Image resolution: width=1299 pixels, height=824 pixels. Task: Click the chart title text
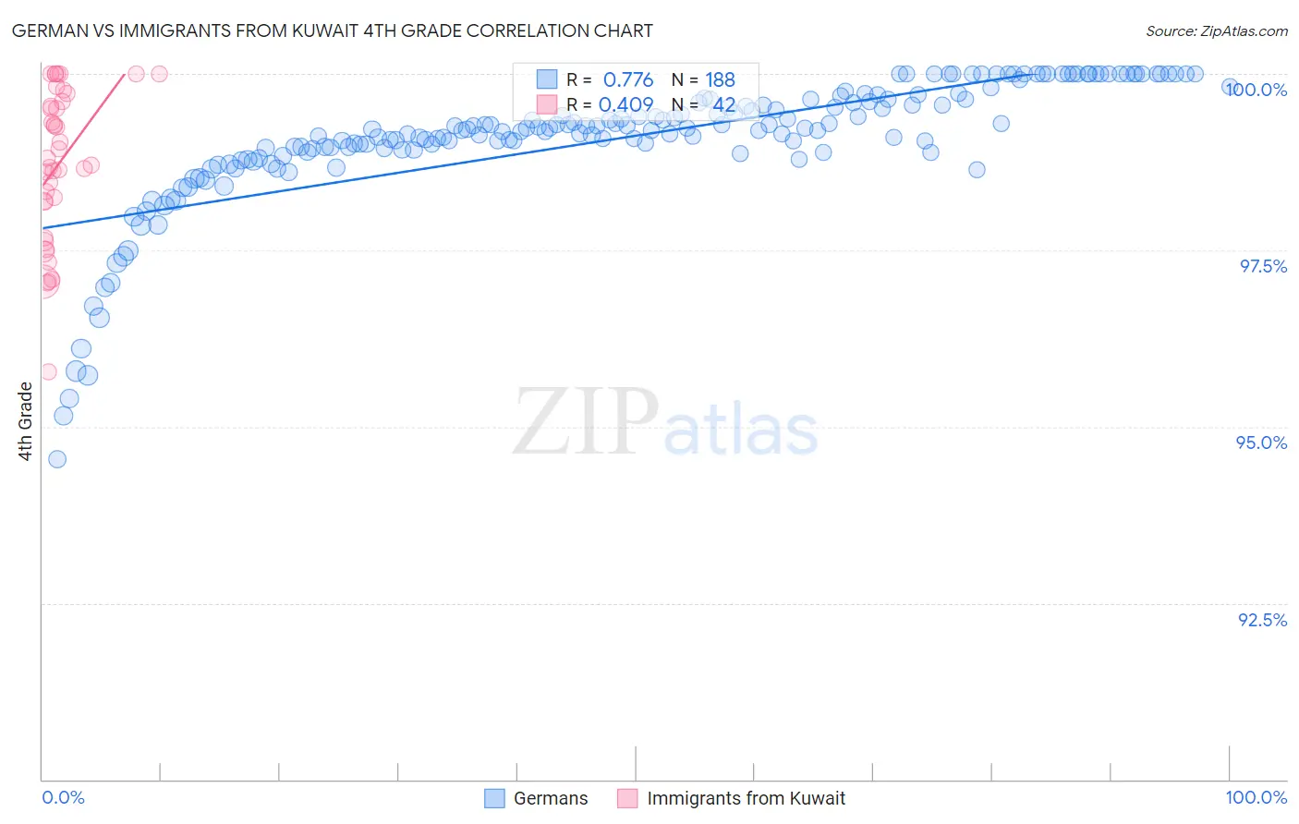click(x=333, y=31)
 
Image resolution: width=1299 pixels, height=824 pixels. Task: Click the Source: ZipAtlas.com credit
click(x=1216, y=31)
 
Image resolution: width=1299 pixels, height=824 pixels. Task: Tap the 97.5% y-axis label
click(x=1263, y=266)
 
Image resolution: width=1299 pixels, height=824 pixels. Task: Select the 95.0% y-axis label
click(x=1262, y=442)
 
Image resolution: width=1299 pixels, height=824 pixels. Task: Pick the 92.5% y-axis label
click(x=1262, y=620)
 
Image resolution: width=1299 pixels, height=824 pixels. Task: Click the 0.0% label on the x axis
click(x=63, y=797)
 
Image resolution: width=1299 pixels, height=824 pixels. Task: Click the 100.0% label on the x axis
click(x=1256, y=797)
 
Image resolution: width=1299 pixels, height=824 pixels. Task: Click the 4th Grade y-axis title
click(x=26, y=421)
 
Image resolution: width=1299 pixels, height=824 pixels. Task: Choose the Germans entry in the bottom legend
click(x=550, y=798)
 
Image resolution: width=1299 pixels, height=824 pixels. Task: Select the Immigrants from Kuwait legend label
click(x=746, y=798)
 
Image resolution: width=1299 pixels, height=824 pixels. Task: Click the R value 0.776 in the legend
click(x=627, y=80)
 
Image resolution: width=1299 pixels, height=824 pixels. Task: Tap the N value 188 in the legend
click(x=720, y=80)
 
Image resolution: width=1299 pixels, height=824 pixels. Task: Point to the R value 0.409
click(x=625, y=105)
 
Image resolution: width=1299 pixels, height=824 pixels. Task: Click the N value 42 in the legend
click(x=723, y=105)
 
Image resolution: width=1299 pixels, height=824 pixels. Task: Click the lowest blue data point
click(x=57, y=459)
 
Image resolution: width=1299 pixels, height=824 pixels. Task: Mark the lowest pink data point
click(x=48, y=372)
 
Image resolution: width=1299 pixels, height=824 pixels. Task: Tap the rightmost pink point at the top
click(x=159, y=74)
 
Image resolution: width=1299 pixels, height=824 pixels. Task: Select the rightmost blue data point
click(x=1230, y=86)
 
